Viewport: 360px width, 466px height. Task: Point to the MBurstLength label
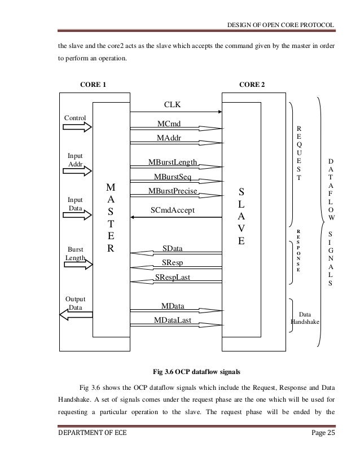[x=173, y=162]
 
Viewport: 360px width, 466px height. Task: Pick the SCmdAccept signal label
[x=173, y=210]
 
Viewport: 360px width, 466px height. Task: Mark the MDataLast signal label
[x=173, y=320]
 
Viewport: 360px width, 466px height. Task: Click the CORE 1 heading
[x=93, y=85]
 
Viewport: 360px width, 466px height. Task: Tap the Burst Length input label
[x=75, y=253]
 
